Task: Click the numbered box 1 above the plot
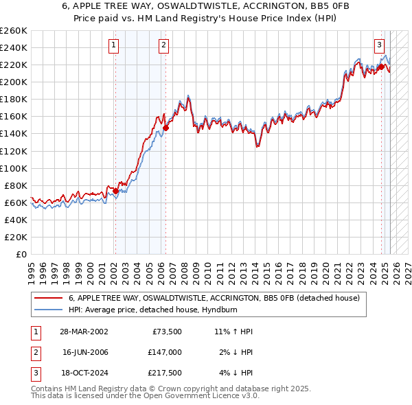pyautogui.click(x=114, y=46)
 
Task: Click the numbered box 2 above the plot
pyautogui.click(x=164, y=46)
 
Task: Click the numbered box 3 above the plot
pyautogui.click(x=379, y=46)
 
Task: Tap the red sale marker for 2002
pyautogui.click(x=115, y=191)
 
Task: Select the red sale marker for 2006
pyautogui.click(x=166, y=128)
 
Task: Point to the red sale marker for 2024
pyautogui.click(x=381, y=67)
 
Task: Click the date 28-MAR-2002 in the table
pyautogui.click(x=84, y=332)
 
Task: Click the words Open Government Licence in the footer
pyautogui.click(x=196, y=396)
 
